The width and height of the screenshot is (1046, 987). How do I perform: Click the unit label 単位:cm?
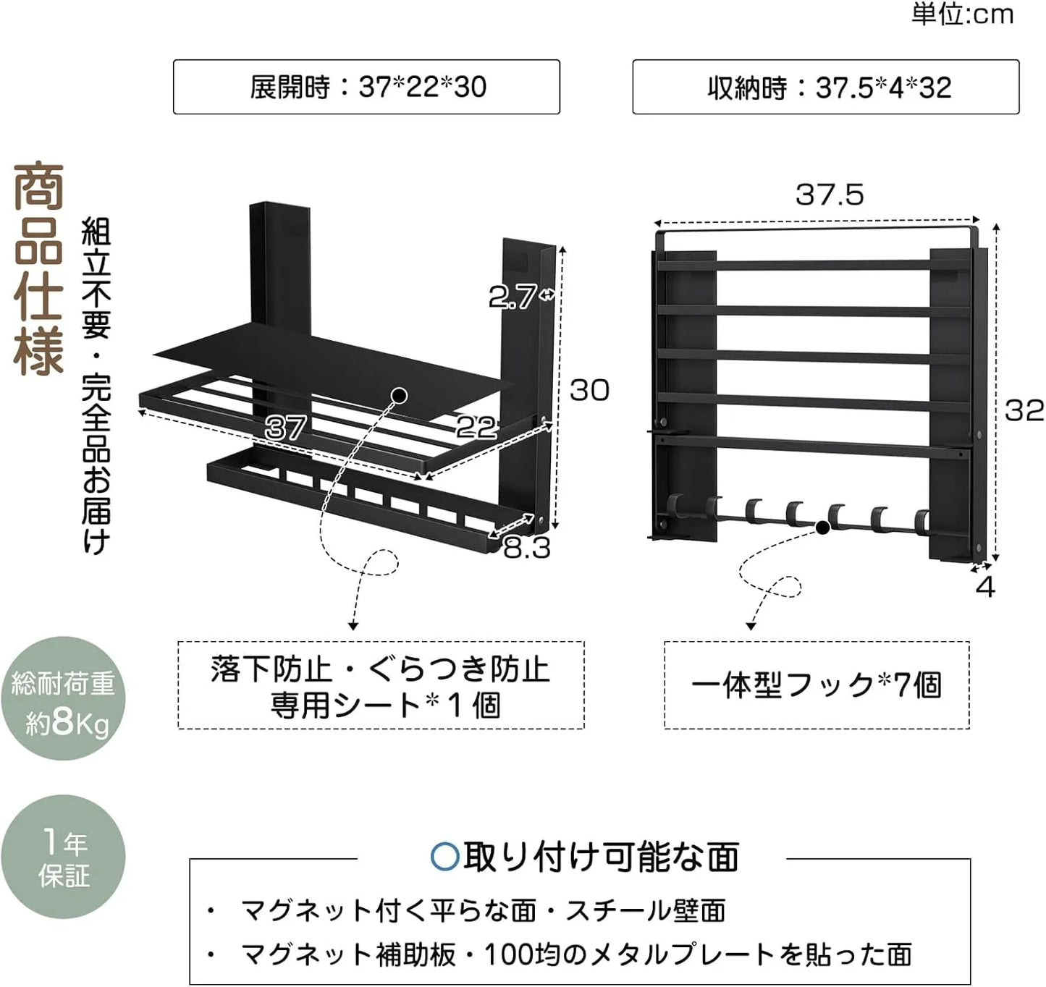pyautogui.click(x=962, y=14)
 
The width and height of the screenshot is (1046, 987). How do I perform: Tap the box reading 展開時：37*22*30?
pyautogui.click(x=366, y=87)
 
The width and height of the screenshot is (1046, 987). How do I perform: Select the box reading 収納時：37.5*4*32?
pyautogui.click(x=826, y=87)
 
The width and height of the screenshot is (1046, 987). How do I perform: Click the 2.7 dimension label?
pyautogui.click(x=512, y=297)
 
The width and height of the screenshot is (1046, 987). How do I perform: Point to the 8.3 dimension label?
pyautogui.click(x=527, y=548)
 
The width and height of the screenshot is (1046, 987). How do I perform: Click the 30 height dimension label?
pyautogui.click(x=589, y=390)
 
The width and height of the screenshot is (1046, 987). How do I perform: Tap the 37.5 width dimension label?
pyautogui.click(x=830, y=195)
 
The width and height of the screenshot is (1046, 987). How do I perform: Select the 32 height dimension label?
pyautogui.click(x=1024, y=410)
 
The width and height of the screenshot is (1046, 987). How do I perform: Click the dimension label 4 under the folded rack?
pyautogui.click(x=985, y=587)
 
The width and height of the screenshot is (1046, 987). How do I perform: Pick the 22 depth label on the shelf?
pyautogui.click(x=476, y=427)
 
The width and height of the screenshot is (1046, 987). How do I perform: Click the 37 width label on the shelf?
pyautogui.click(x=285, y=427)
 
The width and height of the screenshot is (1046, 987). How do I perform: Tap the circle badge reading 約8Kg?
pyautogui.click(x=63, y=698)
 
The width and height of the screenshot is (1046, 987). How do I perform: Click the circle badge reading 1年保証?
pyautogui.click(x=63, y=857)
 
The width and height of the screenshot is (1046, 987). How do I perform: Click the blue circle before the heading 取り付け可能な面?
pyautogui.click(x=445, y=857)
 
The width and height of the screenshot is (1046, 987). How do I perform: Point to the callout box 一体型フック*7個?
pyautogui.click(x=817, y=685)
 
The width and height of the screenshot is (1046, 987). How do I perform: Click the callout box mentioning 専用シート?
pyautogui.click(x=381, y=685)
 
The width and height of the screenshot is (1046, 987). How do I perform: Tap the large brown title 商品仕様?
pyautogui.click(x=38, y=269)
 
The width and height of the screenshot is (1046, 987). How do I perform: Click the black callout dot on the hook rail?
pyautogui.click(x=822, y=528)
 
